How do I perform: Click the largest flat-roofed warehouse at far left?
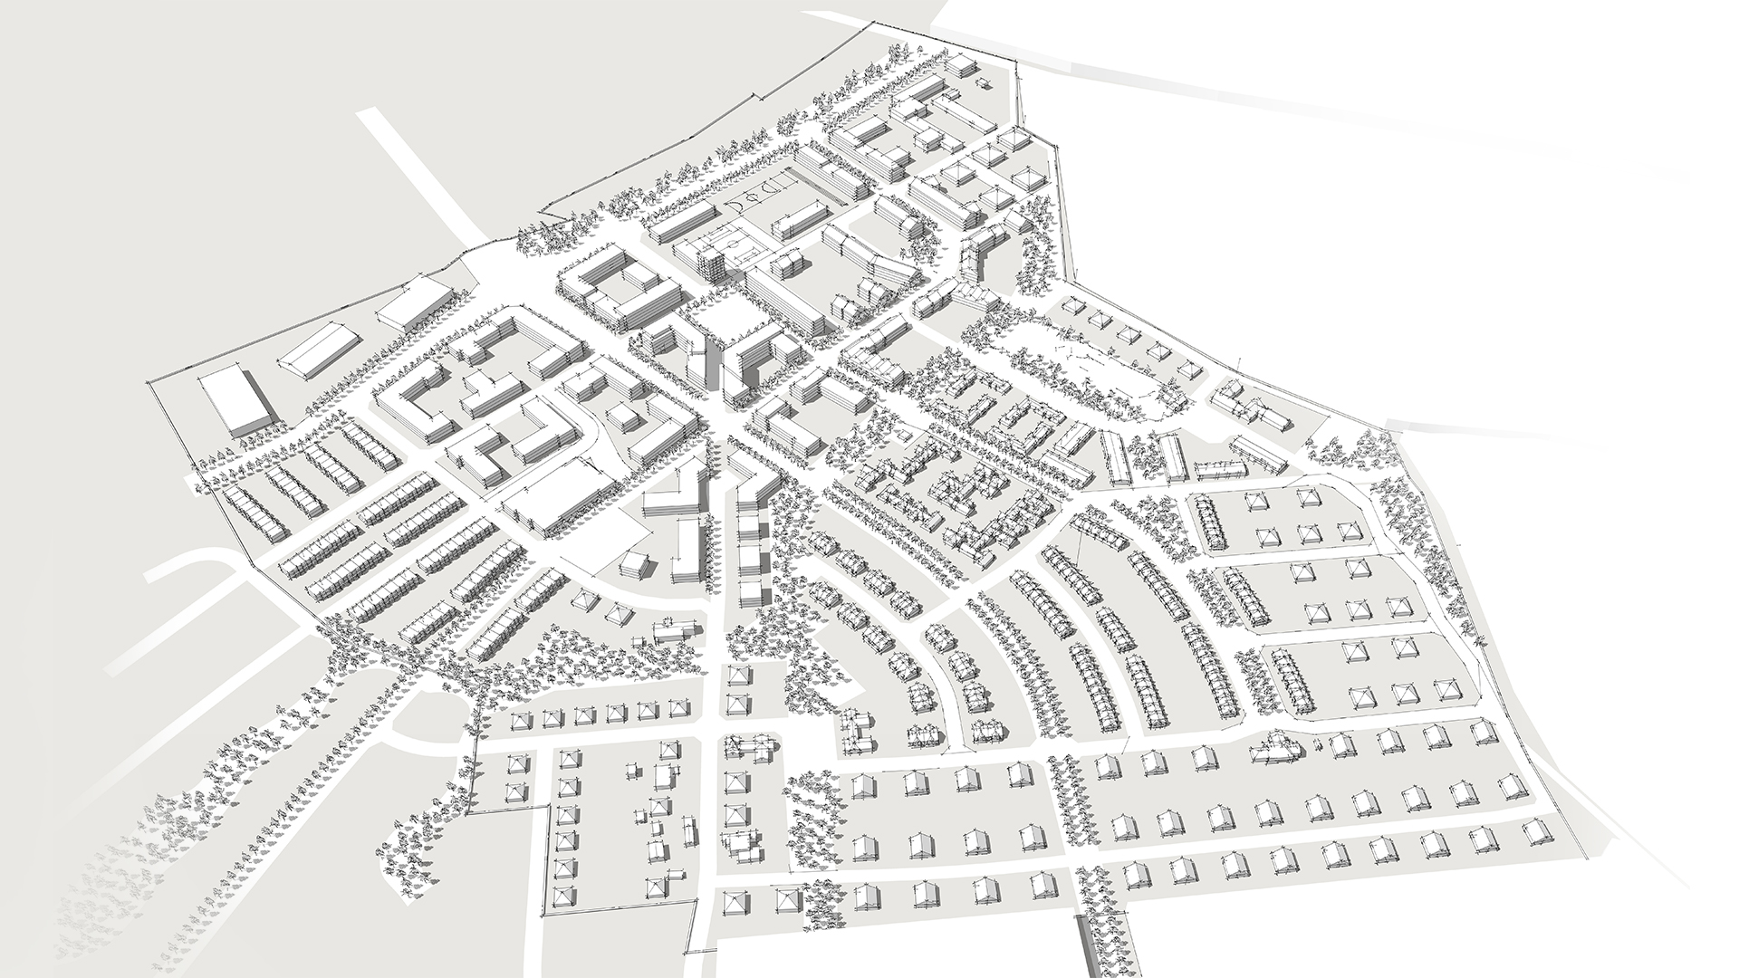(x=235, y=401)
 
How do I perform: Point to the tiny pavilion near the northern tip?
(x=985, y=84)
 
